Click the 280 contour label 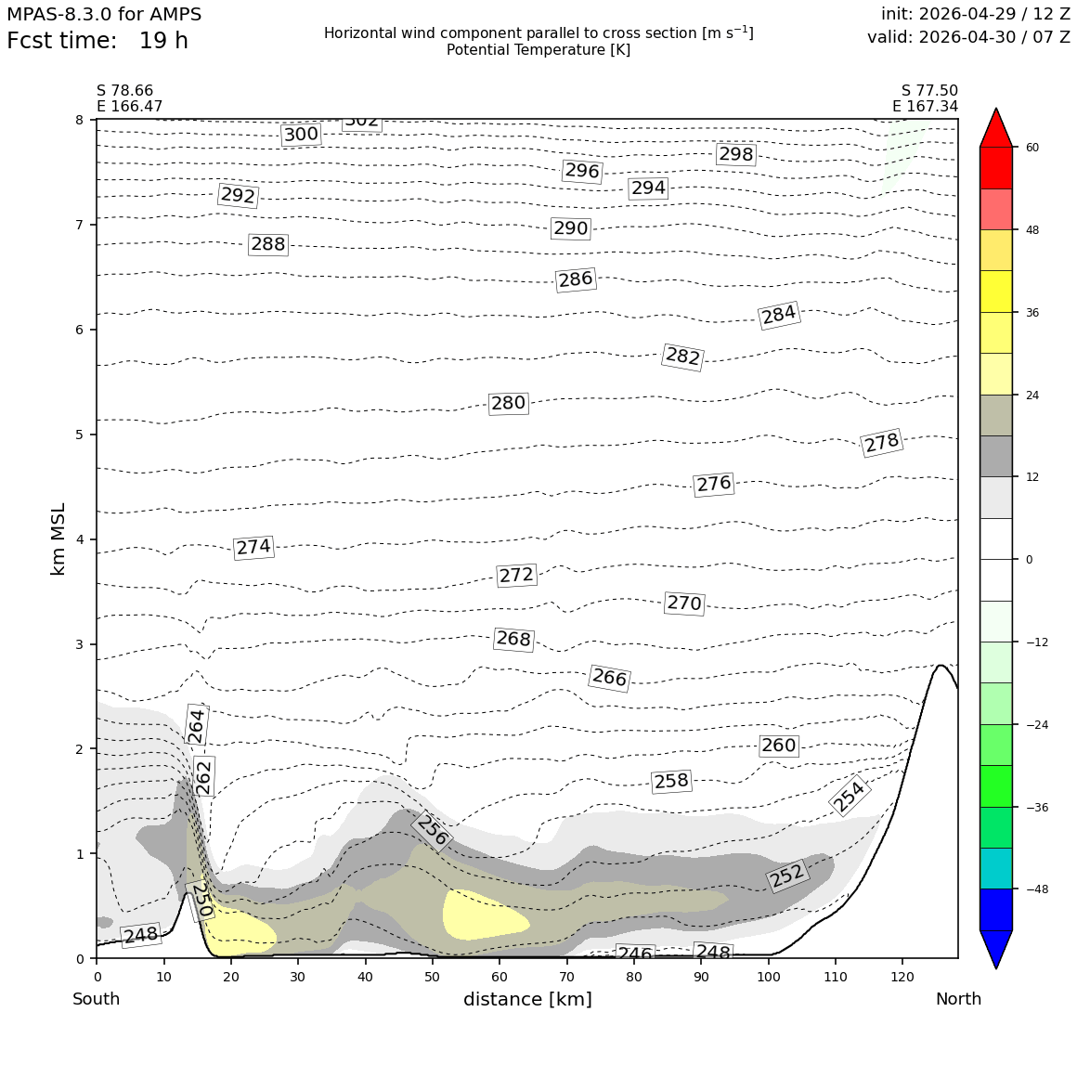(508, 403)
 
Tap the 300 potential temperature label (301, 134)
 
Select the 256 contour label (432, 830)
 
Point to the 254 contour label (849, 796)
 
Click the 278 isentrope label (881, 442)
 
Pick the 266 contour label (609, 678)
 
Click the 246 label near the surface (634, 953)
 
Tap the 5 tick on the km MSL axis (80, 435)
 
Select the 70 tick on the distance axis (566, 977)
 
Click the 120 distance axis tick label (902, 977)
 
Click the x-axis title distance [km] (527, 999)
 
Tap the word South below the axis (97, 999)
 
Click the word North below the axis (958, 999)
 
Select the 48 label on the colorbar (1032, 230)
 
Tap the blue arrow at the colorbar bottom (996, 948)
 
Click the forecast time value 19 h (163, 41)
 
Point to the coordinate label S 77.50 (929, 91)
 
